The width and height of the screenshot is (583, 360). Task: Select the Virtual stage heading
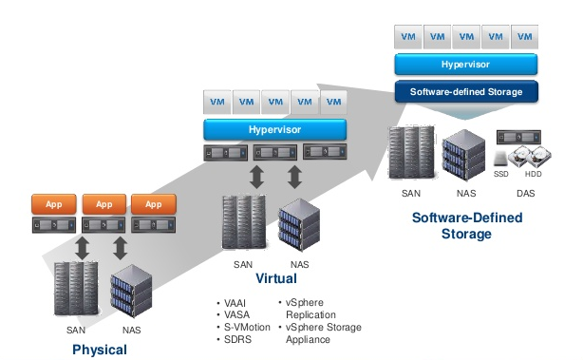point(276,279)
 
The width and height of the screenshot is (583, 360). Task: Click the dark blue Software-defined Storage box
point(466,91)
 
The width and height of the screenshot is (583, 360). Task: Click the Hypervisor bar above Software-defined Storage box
point(466,65)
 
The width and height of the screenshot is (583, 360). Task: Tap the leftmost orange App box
point(54,204)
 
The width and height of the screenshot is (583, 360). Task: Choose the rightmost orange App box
point(154,204)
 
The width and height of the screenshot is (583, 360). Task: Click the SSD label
point(501,175)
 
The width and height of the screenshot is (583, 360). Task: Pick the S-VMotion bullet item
point(245,325)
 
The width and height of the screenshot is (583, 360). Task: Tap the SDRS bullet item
point(236,339)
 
